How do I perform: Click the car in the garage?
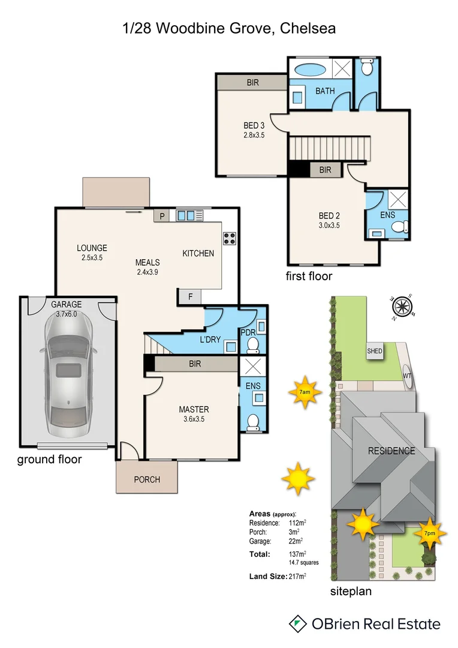click(x=68, y=375)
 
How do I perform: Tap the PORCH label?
click(x=147, y=479)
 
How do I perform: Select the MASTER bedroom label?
click(x=194, y=410)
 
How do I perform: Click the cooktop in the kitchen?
click(x=230, y=238)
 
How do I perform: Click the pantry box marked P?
click(x=161, y=216)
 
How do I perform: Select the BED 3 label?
click(x=254, y=125)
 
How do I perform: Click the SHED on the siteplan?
click(x=375, y=351)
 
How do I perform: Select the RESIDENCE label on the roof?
click(x=391, y=451)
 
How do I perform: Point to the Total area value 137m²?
click(x=297, y=554)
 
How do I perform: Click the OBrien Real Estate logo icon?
click(x=298, y=623)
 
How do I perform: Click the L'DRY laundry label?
click(x=210, y=340)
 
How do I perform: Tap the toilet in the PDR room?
click(x=253, y=344)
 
